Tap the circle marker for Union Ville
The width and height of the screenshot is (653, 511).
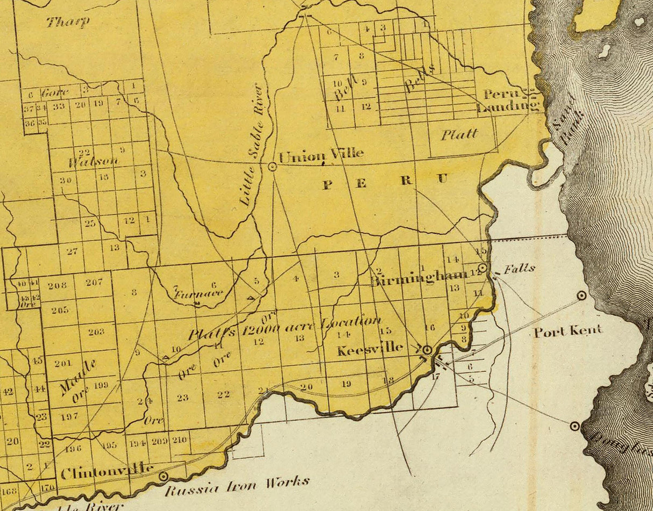point(272,167)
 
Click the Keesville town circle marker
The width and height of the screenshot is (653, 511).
point(427,350)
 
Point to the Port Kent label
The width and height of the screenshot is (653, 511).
point(567,331)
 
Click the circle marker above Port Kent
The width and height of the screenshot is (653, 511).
point(581,295)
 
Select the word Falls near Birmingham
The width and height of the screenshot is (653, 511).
point(520,268)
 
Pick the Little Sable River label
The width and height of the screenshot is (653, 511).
point(252,145)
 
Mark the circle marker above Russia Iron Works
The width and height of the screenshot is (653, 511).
point(163,476)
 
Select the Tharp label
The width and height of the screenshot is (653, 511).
point(68,22)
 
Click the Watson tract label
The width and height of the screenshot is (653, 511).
point(93,161)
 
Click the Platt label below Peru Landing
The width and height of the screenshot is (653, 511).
point(459,134)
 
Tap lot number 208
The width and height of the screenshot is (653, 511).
point(57,285)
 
